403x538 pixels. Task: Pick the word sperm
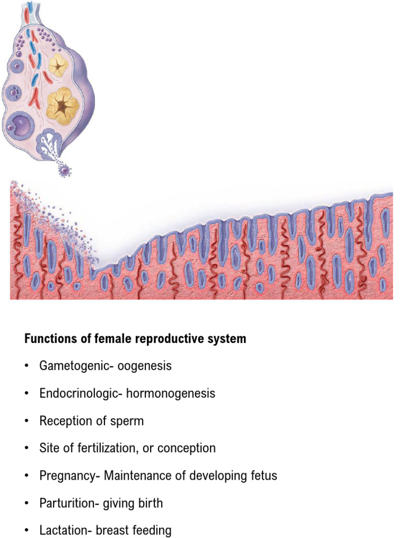point(128,421)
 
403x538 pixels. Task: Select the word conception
point(189,448)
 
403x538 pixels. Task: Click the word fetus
point(263,476)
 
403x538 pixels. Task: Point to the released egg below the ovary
point(65,170)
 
